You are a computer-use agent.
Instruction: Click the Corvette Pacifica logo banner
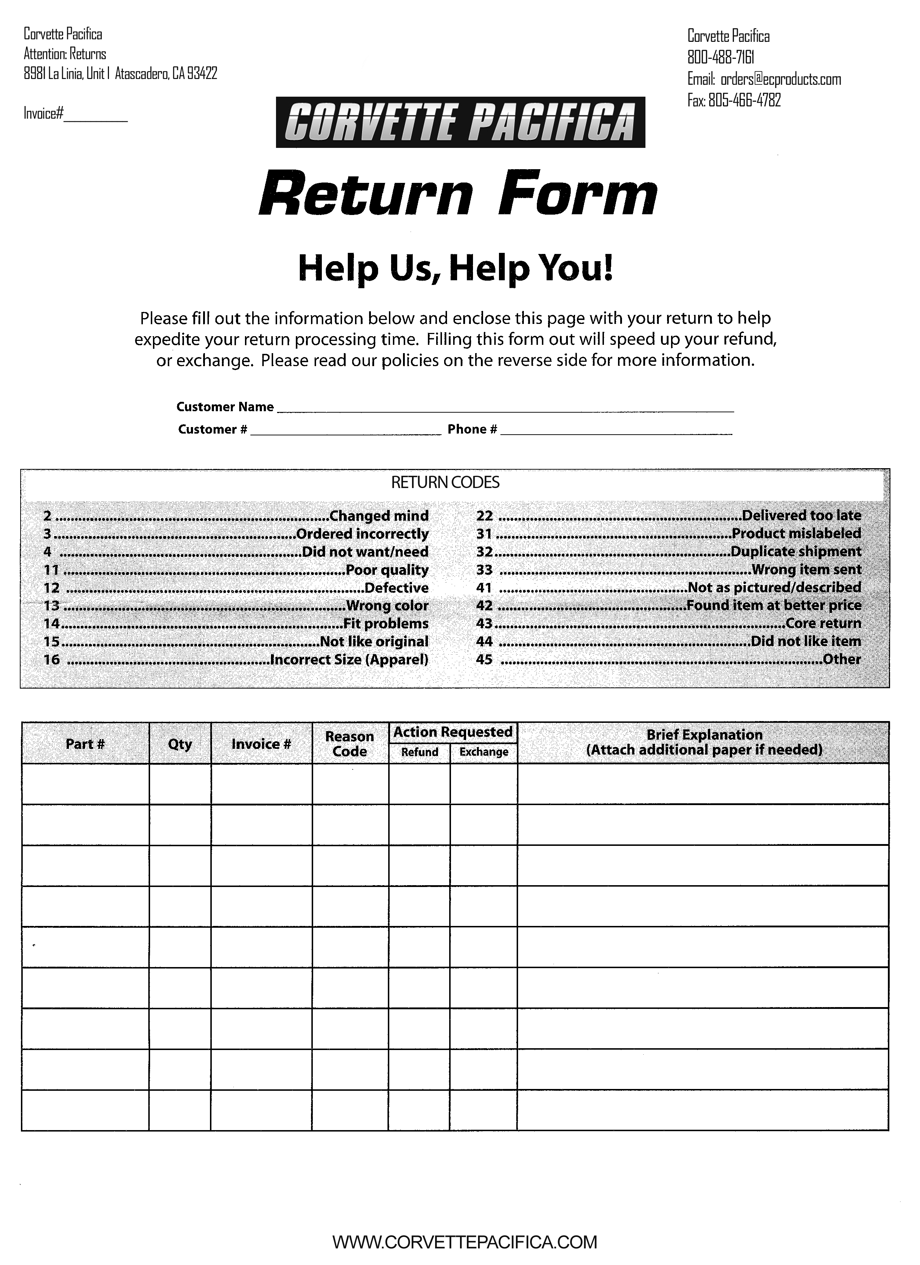pos(460,122)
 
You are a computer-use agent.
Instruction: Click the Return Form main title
pos(458,194)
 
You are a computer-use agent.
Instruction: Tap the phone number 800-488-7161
pos(721,57)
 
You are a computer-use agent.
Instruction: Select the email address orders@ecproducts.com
pos(780,79)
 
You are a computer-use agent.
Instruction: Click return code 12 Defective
pos(236,588)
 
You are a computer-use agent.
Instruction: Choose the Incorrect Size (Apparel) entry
pos(236,660)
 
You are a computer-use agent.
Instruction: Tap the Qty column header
pos(180,744)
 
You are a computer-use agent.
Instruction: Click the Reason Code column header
pos(350,744)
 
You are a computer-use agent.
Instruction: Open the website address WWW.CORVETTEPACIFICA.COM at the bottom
pos(465,1242)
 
